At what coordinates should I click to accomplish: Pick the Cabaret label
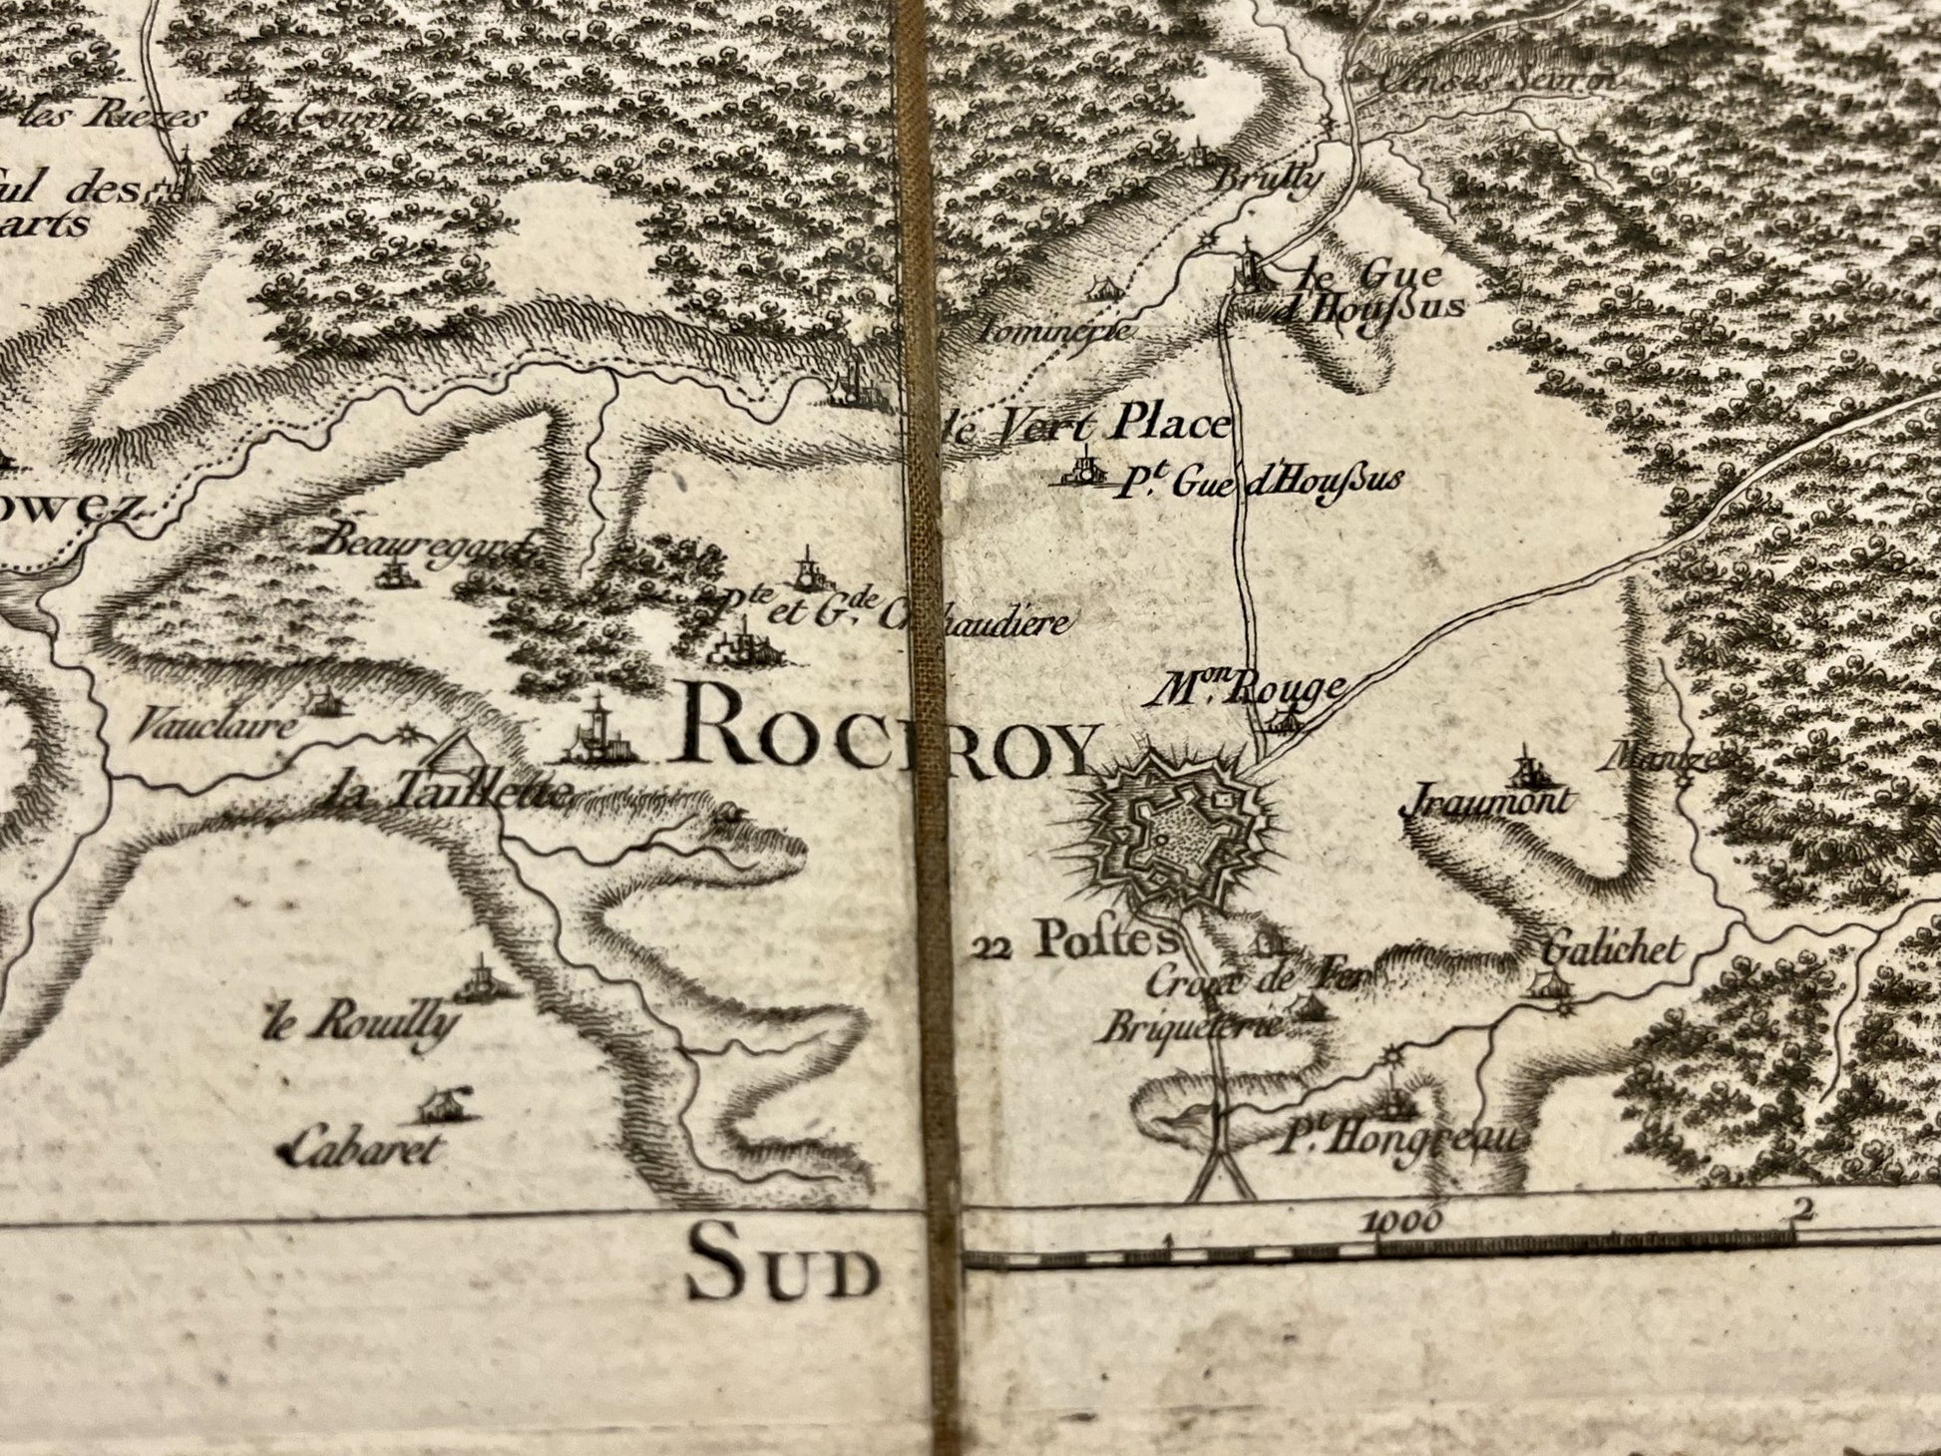click(x=361, y=1150)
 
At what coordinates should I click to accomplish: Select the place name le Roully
click(x=361, y=1023)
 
